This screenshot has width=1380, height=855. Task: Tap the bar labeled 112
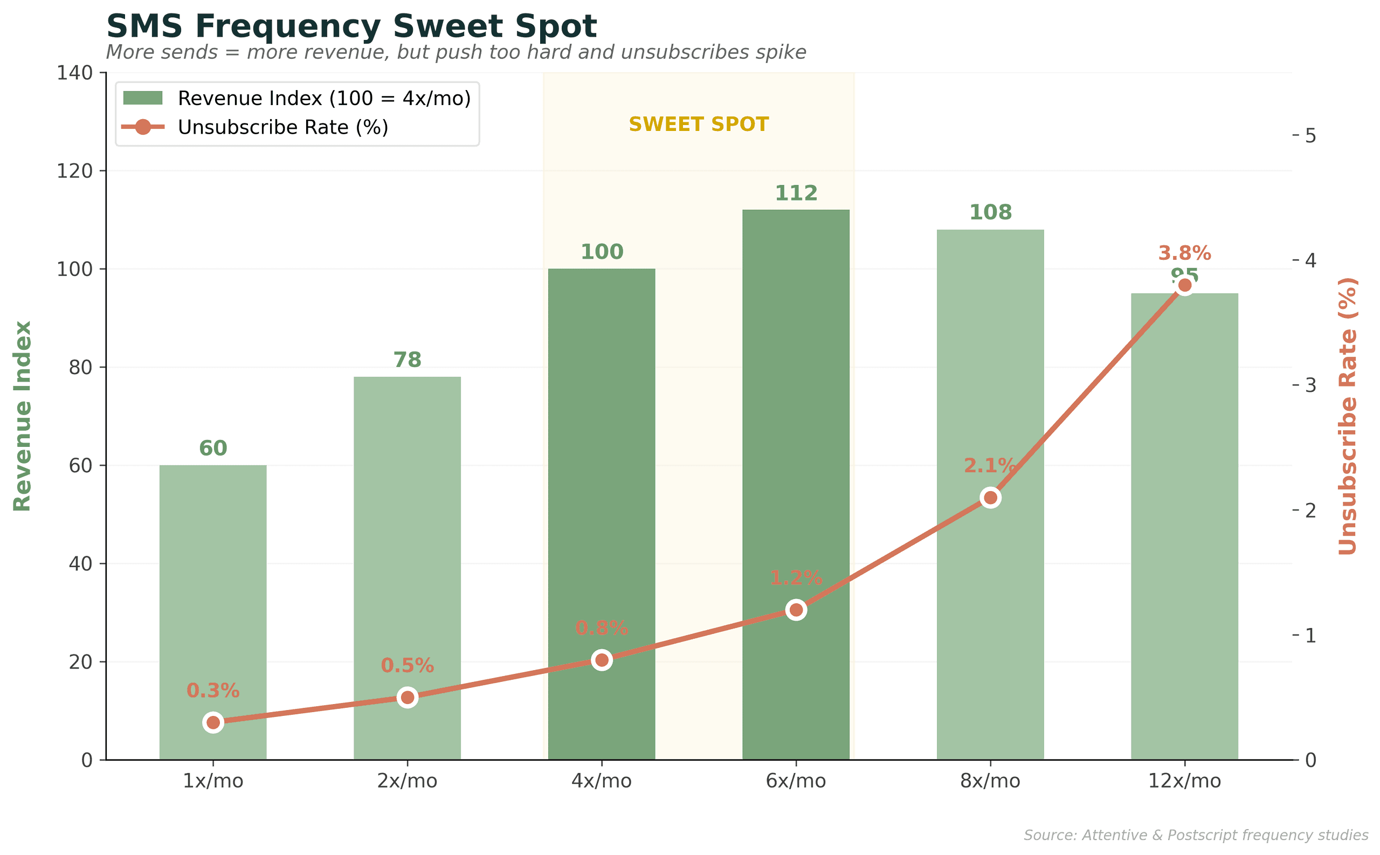pos(796,481)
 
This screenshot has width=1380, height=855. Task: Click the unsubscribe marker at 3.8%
pos(1184,286)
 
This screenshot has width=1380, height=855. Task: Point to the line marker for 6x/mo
pos(796,610)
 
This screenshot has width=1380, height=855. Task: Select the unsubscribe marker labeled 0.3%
pos(212,723)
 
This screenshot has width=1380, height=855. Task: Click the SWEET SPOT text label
pos(698,125)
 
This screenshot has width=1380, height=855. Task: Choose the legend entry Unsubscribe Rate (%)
pos(282,127)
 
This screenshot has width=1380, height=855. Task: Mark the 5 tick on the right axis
pos(1310,136)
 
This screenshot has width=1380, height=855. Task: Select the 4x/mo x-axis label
pos(601,782)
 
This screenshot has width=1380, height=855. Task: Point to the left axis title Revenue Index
pos(23,416)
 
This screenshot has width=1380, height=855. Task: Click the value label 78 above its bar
pos(407,360)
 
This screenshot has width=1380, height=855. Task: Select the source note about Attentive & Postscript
pos(1195,835)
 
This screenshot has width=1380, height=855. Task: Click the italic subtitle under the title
pos(455,53)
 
